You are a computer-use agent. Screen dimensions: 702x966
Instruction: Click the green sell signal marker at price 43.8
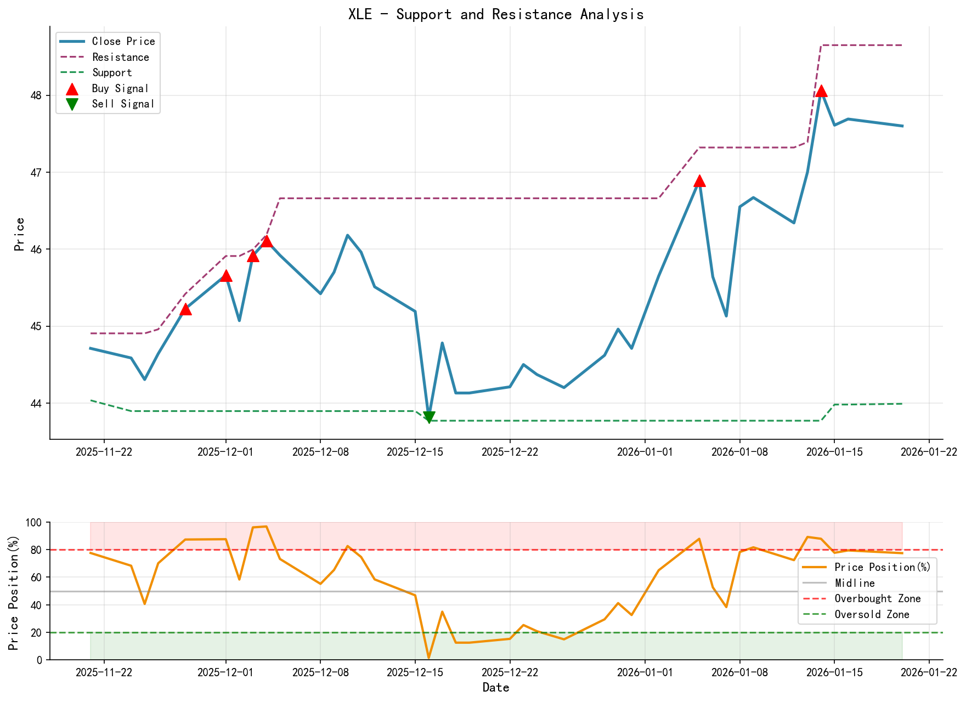point(429,417)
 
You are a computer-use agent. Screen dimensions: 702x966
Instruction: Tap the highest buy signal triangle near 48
point(821,92)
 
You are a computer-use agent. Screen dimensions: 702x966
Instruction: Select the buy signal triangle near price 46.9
point(699,181)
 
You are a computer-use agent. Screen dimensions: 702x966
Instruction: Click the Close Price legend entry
point(123,42)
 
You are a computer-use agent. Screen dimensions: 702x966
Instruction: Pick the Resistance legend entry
point(120,57)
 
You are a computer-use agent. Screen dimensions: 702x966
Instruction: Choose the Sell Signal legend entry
point(123,104)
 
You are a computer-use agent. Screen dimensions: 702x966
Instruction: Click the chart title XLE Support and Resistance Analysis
point(495,14)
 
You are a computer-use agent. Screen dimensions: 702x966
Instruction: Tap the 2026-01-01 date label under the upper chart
point(645,452)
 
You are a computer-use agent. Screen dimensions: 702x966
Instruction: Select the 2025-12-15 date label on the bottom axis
point(415,672)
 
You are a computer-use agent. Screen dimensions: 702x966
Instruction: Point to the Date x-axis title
point(495,688)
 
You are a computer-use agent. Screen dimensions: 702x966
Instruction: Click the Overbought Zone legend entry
point(877,599)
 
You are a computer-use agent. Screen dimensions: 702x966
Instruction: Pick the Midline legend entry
point(854,583)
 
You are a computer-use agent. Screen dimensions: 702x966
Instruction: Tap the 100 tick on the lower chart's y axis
point(33,523)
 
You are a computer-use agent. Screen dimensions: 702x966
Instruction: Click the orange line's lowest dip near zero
point(428,657)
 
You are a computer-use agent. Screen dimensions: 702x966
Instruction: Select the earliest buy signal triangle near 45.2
point(185,310)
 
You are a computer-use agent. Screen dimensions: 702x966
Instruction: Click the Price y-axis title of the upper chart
point(20,234)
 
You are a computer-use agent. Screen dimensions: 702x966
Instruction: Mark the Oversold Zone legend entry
point(871,615)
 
